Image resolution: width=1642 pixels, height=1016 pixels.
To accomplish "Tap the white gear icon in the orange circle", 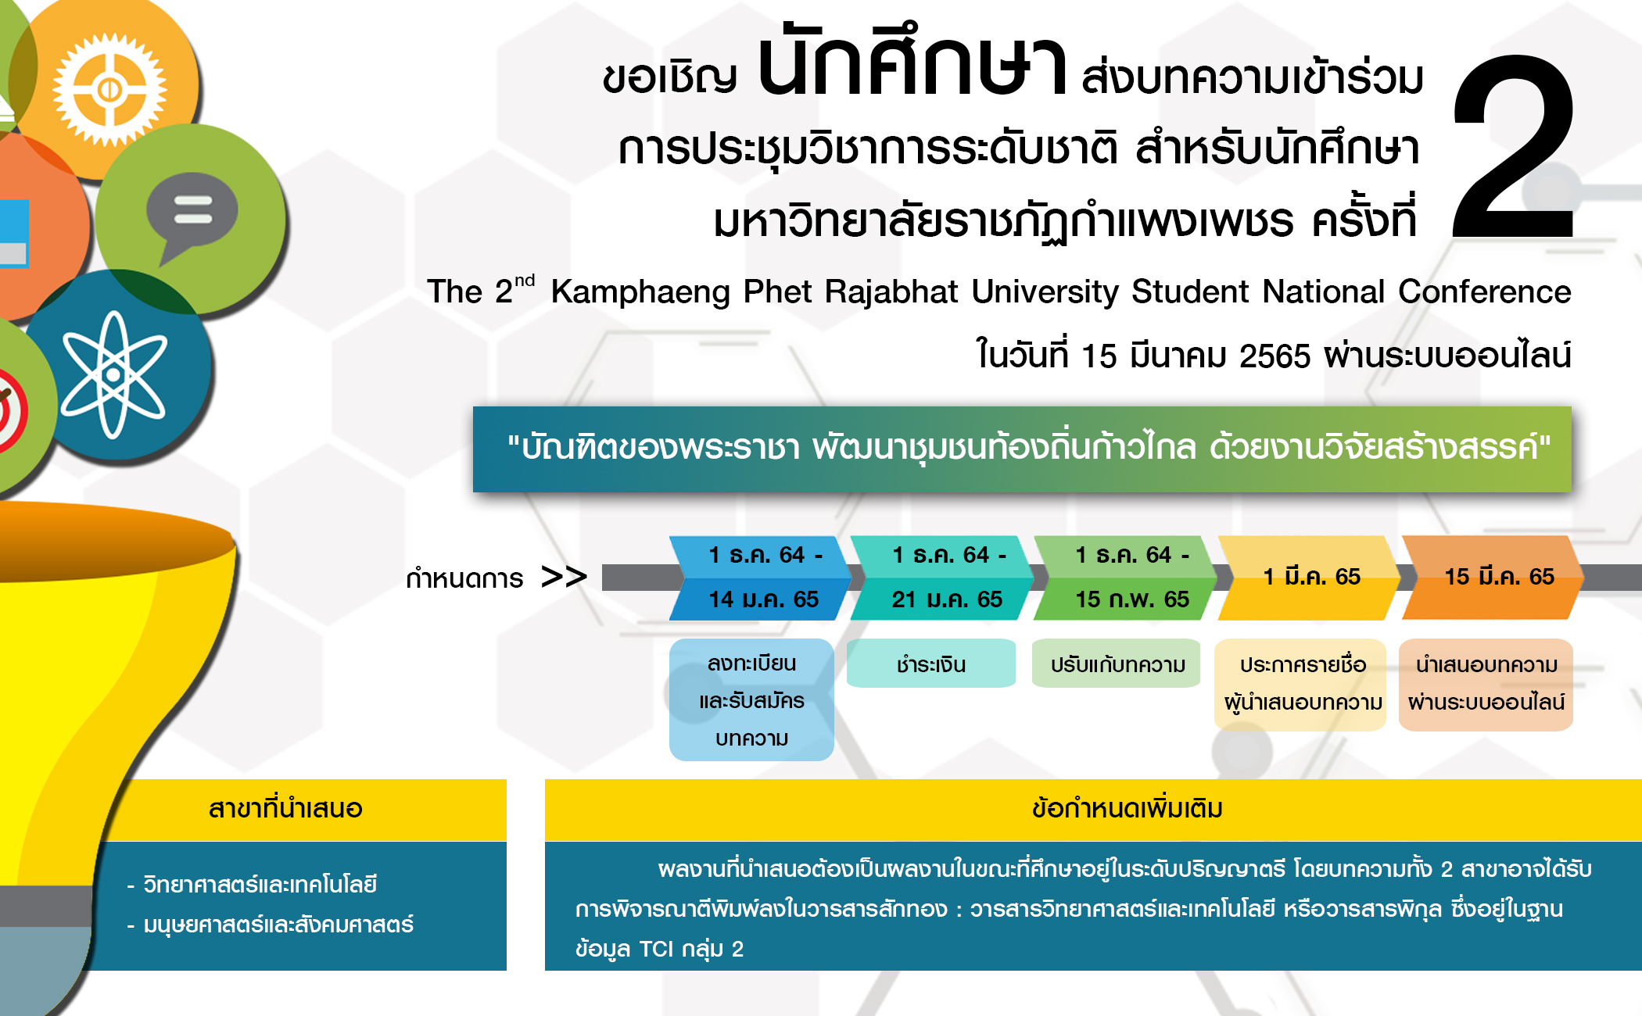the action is pyautogui.click(x=109, y=90).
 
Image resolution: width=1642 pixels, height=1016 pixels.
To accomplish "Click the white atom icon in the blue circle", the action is pyautogui.click(x=113, y=374).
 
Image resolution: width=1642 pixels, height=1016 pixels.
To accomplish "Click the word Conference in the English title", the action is pyautogui.click(x=1484, y=292).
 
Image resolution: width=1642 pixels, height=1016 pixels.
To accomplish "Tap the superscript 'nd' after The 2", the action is pyautogui.click(x=525, y=281).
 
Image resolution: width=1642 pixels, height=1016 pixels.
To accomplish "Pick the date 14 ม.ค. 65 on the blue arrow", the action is pyautogui.click(x=763, y=599).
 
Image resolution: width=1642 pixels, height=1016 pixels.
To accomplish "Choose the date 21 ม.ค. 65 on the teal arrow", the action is pyautogui.click(x=947, y=599).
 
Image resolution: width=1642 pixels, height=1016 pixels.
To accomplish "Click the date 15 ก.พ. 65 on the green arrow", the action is pyautogui.click(x=1131, y=599).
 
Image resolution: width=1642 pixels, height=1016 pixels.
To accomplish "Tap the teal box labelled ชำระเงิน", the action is pyautogui.click(x=931, y=664).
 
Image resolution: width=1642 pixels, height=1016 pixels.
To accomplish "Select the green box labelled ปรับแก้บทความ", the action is pyautogui.click(x=1117, y=664).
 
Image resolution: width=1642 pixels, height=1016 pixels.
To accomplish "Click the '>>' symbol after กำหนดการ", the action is pyautogui.click(x=564, y=578).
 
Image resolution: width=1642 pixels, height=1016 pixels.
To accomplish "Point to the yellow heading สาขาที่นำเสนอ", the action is pyautogui.click(x=285, y=809).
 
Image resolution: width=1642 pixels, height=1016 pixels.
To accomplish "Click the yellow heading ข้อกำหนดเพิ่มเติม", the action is pyautogui.click(x=1128, y=809).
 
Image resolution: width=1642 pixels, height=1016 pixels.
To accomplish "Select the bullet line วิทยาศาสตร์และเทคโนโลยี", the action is pyautogui.click(x=252, y=885).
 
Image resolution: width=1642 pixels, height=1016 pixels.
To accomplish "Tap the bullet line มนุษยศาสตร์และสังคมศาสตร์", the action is pyautogui.click(x=271, y=925).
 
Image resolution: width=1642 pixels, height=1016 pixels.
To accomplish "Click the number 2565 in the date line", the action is pyautogui.click(x=1275, y=356).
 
